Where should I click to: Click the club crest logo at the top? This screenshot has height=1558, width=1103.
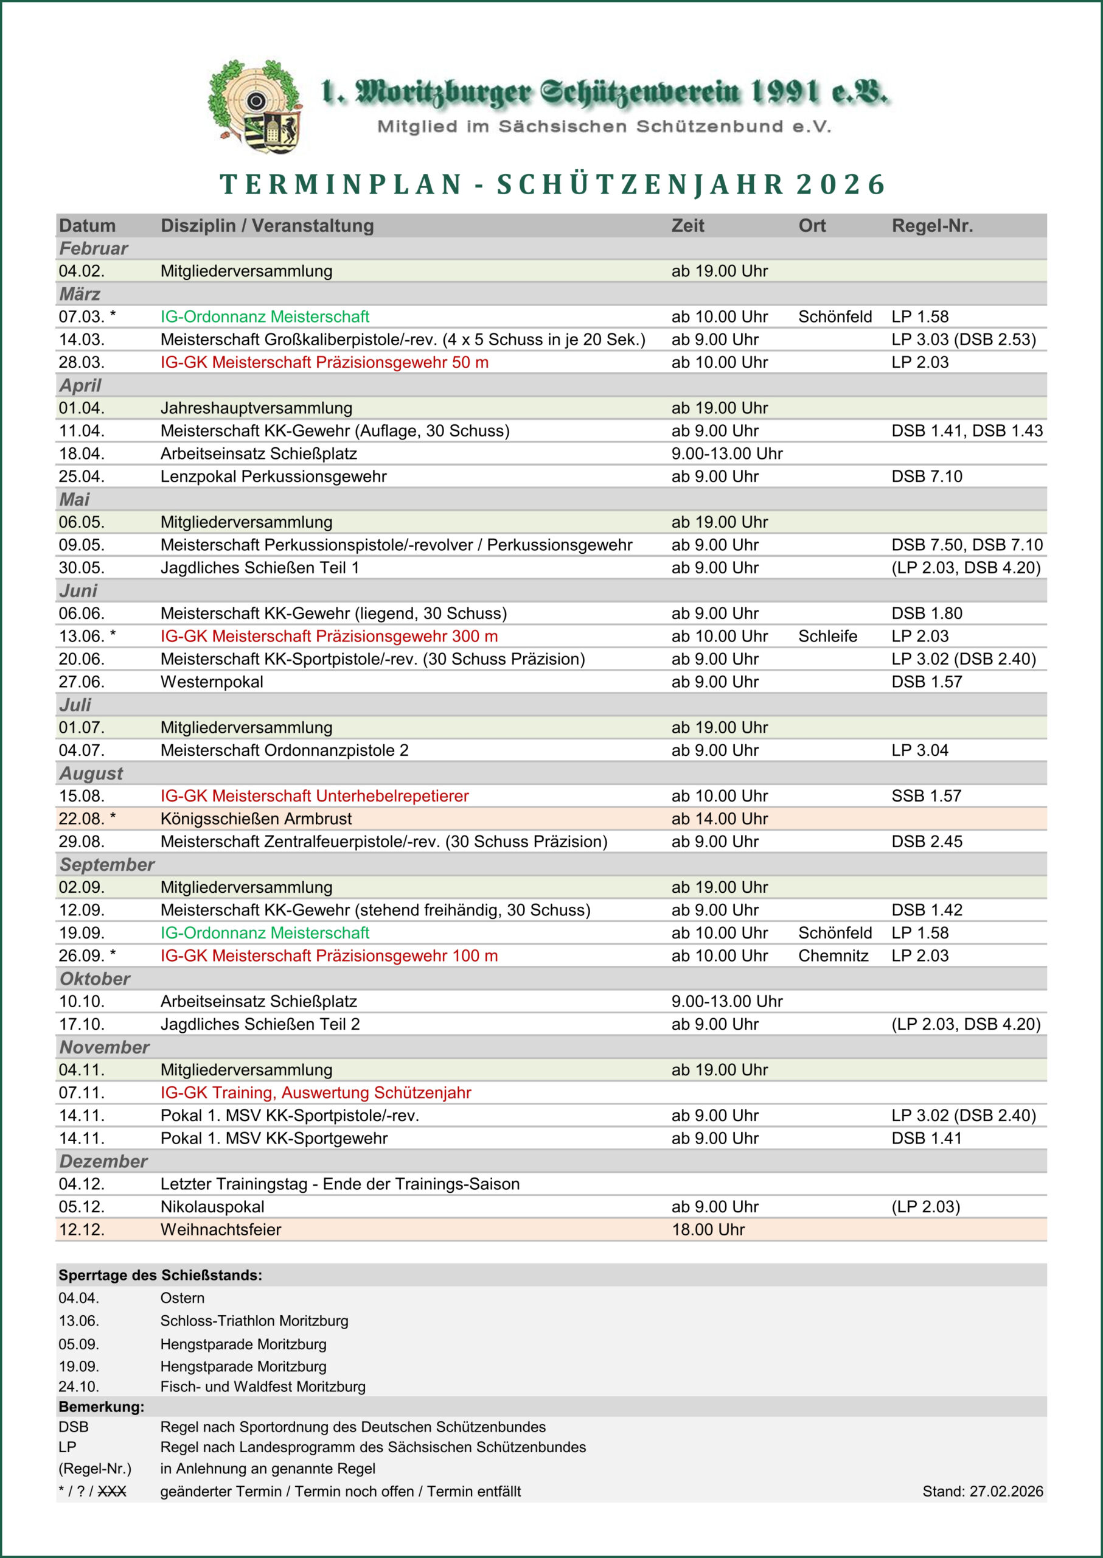pos(256,107)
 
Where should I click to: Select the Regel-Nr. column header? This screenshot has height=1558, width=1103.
pos(932,226)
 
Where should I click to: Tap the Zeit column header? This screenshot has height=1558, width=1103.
pos(687,226)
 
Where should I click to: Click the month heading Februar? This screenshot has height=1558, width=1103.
pos(94,249)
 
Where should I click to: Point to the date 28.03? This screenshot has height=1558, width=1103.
pos(82,362)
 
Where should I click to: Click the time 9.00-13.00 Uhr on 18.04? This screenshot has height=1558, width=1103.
pos(727,453)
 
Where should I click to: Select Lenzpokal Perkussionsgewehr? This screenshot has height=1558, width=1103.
pos(273,477)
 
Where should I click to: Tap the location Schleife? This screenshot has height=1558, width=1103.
pos(827,636)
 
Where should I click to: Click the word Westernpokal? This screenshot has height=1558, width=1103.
pos(211,682)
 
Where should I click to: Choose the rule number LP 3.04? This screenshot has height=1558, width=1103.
pos(920,750)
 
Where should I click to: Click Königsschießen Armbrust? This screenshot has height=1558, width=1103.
pos(256,819)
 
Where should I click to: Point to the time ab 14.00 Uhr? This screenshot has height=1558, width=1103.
pos(719,819)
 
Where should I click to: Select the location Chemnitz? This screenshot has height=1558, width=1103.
pos(833,955)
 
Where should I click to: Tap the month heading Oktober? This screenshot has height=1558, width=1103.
pos(94,979)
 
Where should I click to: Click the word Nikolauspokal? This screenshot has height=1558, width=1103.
pos(212,1207)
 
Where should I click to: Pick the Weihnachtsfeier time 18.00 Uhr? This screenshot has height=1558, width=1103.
pos(708,1229)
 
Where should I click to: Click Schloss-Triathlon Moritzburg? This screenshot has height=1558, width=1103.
pos(254,1321)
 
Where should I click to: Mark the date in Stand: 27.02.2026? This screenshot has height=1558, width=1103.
pos(1006,1492)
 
